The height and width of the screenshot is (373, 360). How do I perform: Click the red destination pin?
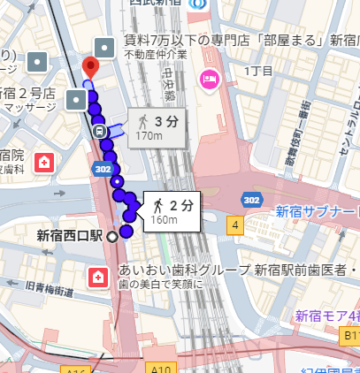pos(90,67)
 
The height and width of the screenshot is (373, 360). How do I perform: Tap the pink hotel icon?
pos(209,80)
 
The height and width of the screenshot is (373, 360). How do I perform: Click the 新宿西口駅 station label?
pos(70,236)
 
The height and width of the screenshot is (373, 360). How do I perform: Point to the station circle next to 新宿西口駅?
pos(112,236)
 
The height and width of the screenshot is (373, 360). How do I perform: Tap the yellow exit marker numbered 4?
pos(235,225)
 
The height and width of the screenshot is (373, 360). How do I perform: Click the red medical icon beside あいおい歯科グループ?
pos(96,277)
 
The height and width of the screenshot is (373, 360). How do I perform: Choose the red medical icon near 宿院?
pos(43,162)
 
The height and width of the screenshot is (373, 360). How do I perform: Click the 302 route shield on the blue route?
pos(101,169)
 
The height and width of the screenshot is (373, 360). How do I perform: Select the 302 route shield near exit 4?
pos(251,201)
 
